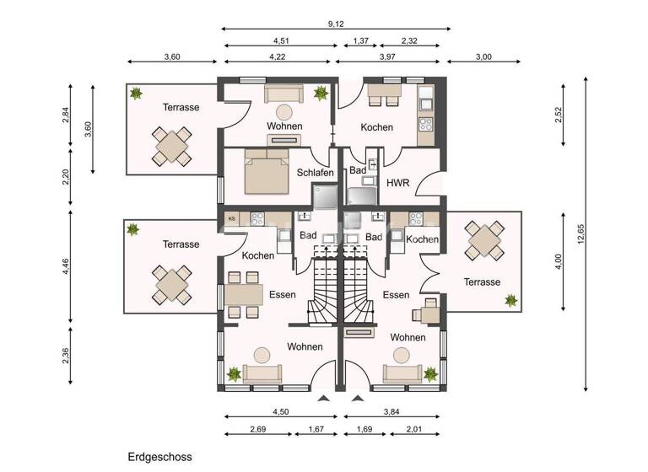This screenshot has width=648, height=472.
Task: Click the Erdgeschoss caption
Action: [x=160, y=457]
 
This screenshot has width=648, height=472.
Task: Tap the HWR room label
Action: [x=397, y=182]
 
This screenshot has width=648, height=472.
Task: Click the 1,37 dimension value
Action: [x=360, y=40]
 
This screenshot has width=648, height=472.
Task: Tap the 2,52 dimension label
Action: [x=559, y=116]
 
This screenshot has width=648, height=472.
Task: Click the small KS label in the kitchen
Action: [x=230, y=218]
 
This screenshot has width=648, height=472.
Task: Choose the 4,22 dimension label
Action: [x=276, y=57]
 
